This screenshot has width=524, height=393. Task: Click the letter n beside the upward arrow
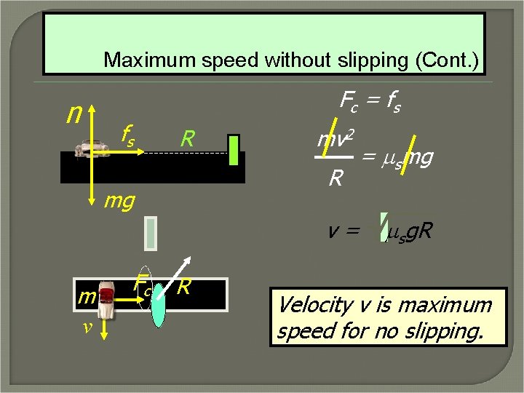pyautogui.click(x=74, y=114)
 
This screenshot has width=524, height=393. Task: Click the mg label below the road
pyautogui.click(x=119, y=199)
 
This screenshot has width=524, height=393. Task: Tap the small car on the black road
pyautogui.click(x=91, y=149)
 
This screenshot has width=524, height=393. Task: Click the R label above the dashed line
pyautogui.click(x=188, y=138)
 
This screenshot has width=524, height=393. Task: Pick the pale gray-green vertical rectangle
pyautogui.click(x=151, y=232)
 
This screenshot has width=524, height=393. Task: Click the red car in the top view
pyautogui.click(x=106, y=298)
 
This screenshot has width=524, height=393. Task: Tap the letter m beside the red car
pyautogui.click(x=87, y=296)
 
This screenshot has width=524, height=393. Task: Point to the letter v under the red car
pyautogui.click(x=87, y=327)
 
